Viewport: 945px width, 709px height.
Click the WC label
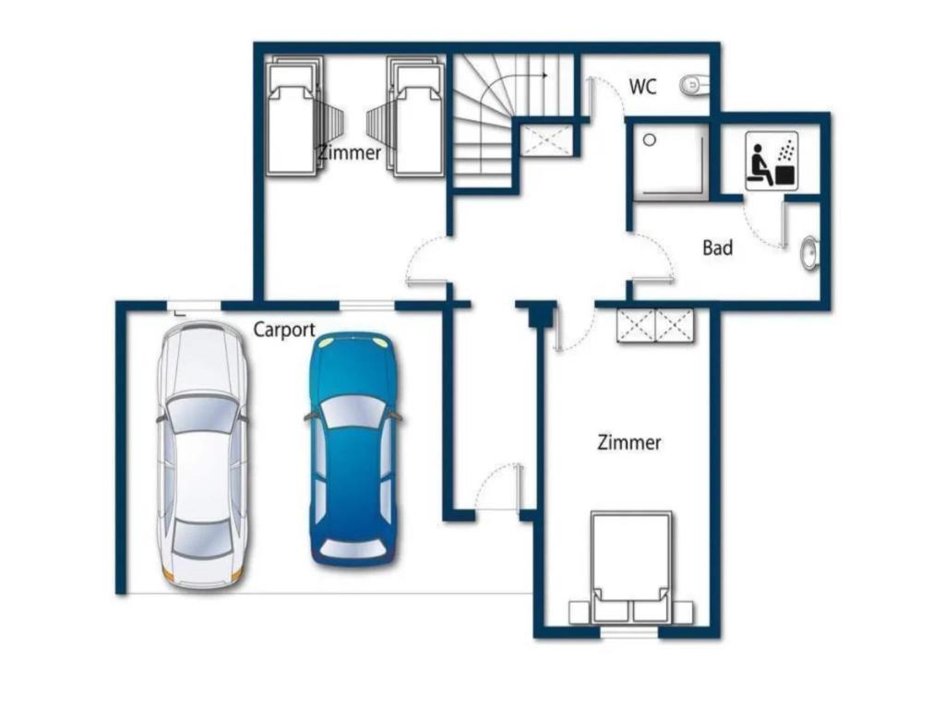point(642,87)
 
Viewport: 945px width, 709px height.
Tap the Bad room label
point(718,247)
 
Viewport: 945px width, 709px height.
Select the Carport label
point(284,330)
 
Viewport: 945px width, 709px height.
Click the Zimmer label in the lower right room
point(629,442)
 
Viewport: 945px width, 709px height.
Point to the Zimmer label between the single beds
point(350,152)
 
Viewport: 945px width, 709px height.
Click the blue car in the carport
point(353,450)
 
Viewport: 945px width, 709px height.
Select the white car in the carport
point(202,454)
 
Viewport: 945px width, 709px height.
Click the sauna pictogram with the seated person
point(772,161)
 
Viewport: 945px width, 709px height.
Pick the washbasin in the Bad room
point(809,253)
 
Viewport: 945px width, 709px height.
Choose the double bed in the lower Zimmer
point(631,568)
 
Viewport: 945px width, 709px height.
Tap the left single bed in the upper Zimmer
point(294,116)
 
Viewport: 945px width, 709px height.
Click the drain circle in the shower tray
point(649,140)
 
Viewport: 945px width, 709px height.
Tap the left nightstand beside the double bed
point(580,613)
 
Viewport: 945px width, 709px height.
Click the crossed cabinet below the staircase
point(544,140)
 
